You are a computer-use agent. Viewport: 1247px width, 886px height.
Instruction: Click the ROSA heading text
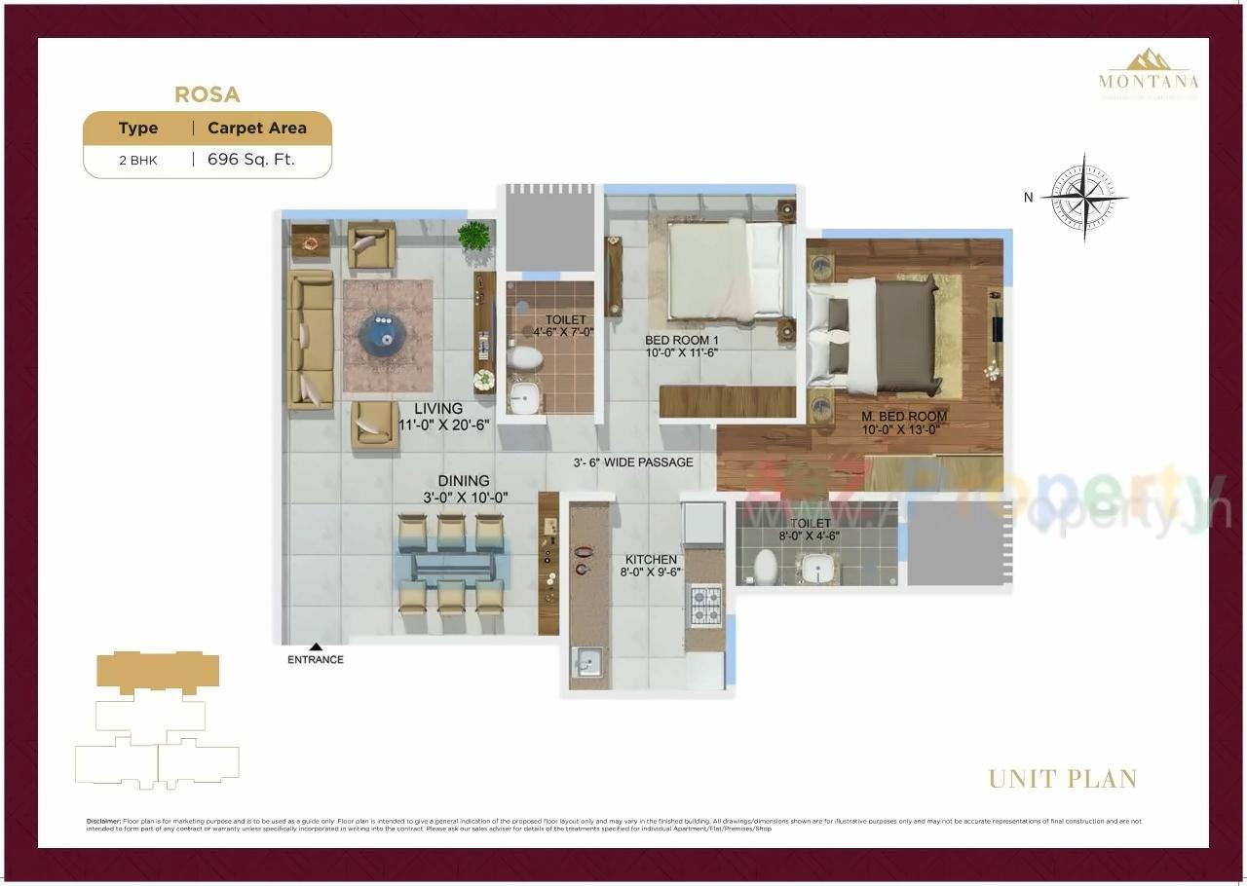click(207, 94)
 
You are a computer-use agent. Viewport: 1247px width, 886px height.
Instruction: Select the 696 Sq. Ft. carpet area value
click(250, 160)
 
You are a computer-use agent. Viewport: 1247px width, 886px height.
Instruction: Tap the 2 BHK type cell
click(138, 161)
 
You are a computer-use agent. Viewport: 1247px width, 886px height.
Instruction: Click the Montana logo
click(1149, 72)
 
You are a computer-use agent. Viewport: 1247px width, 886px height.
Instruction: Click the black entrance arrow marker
click(316, 646)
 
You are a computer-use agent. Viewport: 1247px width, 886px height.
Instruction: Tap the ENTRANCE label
click(316, 660)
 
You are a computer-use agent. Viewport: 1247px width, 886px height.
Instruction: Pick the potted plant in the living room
click(473, 236)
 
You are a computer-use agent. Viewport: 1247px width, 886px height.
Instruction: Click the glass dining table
click(452, 567)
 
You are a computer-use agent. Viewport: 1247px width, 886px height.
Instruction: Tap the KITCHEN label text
click(651, 560)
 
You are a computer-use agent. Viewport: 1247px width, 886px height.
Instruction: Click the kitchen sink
click(587, 663)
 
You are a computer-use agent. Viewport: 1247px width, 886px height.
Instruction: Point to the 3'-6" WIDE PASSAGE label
click(633, 462)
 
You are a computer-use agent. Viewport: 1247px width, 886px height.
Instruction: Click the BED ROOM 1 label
click(681, 341)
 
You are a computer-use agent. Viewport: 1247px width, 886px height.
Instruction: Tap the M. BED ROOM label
click(903, 417)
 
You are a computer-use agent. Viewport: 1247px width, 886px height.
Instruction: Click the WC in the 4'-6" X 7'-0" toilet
click(526, 360)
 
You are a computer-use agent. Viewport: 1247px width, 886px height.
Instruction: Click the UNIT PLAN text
click(1063, 779)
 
